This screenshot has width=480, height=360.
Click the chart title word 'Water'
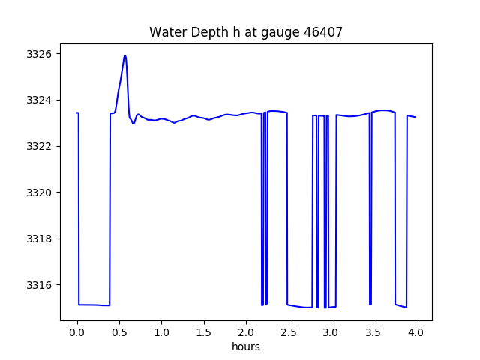(166, 32)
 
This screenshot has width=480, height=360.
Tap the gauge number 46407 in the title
(323, 32)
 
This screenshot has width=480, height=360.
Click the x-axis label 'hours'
(246, 346)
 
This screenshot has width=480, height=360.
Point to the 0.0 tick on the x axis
(77, 331)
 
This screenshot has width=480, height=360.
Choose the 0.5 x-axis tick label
(119, 331)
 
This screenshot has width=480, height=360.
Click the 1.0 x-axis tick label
(162, 331)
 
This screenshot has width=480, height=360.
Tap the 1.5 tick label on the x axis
(204, 331)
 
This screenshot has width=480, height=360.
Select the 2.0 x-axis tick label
(246, 331)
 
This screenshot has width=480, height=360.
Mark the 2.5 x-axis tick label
(289, 331)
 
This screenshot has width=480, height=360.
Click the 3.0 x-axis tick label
(331, 331)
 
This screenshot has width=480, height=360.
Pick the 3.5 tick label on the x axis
(373, 331)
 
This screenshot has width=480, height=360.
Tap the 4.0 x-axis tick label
(415, 331)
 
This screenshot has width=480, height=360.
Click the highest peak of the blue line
(125, 55)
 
